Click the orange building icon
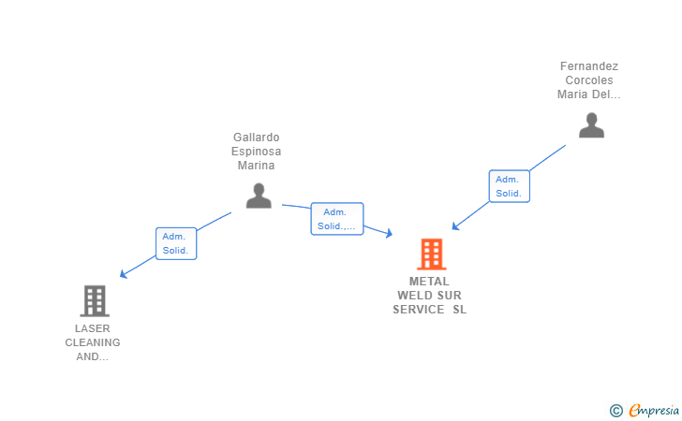(432, 254)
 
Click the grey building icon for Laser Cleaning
(95, 301)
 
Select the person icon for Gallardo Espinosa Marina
(259, 196)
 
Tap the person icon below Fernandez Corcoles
(591, 125)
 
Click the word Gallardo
(256, 138)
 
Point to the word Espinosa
(256, 152)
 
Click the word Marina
(256, 165)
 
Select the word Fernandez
(589, 66)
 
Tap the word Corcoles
(589, 80)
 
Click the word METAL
(429, 281)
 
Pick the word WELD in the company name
(413, 296)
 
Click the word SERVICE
(419, 310)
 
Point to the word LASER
(92, 328)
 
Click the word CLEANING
(93, 342)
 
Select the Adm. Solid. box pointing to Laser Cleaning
(176, 244)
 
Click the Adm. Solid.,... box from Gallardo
(337, 219)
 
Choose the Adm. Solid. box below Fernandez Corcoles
(510, 186)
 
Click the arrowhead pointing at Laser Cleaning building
(123, 274)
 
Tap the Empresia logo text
(654, 410)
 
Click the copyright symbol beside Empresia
(616, 411)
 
